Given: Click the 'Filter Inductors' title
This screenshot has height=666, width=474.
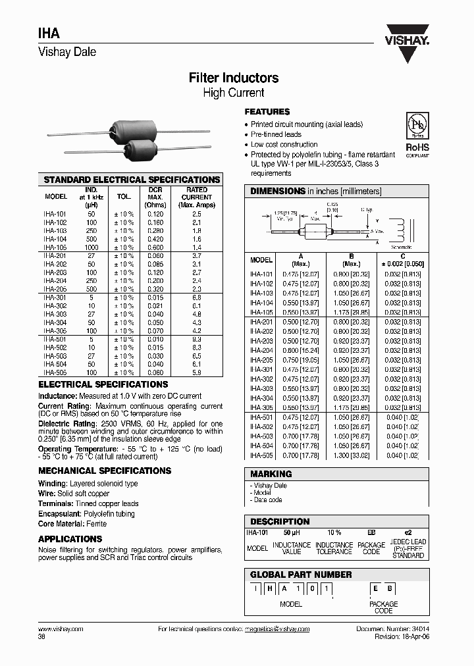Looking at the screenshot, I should (234, 78).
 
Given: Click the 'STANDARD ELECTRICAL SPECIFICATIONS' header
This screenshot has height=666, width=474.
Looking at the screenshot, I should (132, 180).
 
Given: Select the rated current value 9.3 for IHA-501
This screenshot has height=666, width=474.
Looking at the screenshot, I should (197, 338).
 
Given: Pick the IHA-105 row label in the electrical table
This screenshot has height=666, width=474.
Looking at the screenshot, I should (56, 247).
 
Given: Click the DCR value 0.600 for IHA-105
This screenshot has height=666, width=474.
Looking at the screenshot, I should (155, 247).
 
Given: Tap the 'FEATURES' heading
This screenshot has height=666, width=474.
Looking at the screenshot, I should (267, 112).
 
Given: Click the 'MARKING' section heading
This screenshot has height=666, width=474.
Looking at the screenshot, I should (271, 474).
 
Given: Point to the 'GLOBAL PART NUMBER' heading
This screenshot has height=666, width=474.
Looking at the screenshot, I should (301, 575).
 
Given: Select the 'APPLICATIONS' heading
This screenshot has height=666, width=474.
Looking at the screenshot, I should (70, 539).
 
